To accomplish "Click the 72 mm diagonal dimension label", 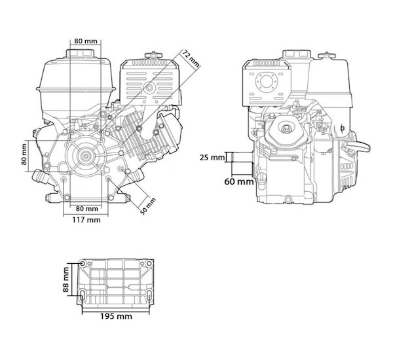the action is click(191, 59).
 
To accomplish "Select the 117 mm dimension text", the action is click(86, 220).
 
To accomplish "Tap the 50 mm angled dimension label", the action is click(148, 206).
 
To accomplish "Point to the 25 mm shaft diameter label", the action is click(212, 158).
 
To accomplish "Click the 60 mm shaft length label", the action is click(239, 181).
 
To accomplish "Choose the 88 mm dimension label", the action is click(66, 279).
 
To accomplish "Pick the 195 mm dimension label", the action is click(116, 316).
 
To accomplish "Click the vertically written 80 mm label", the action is click(24, 154).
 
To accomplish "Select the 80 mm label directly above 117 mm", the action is click(87, 208).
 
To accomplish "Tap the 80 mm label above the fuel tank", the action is click(86, 41).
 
